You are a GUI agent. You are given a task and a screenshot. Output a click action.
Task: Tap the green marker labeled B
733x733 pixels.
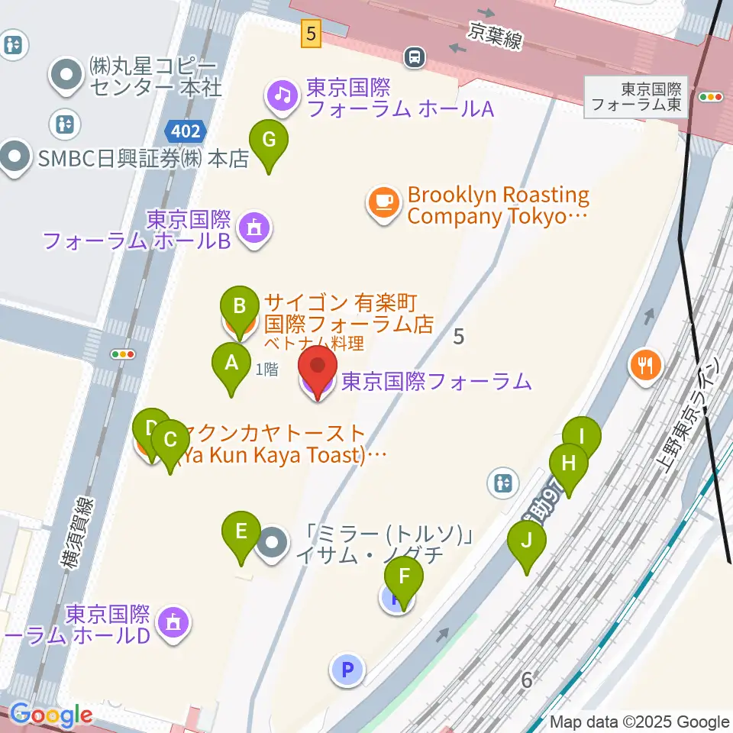239,307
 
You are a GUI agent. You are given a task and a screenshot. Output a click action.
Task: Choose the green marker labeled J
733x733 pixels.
527,541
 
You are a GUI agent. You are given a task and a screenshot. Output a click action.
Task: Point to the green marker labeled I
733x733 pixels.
582,438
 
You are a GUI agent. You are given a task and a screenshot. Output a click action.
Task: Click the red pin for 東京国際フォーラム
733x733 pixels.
316,370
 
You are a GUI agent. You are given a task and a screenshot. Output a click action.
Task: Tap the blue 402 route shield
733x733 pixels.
186,131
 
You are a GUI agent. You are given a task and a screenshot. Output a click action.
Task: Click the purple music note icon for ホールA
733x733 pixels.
282,96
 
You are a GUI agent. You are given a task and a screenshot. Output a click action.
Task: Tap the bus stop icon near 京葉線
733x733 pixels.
415,57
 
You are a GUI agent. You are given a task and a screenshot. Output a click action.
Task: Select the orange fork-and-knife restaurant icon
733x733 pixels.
646,364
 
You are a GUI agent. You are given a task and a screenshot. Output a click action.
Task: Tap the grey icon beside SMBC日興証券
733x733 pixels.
13,158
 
